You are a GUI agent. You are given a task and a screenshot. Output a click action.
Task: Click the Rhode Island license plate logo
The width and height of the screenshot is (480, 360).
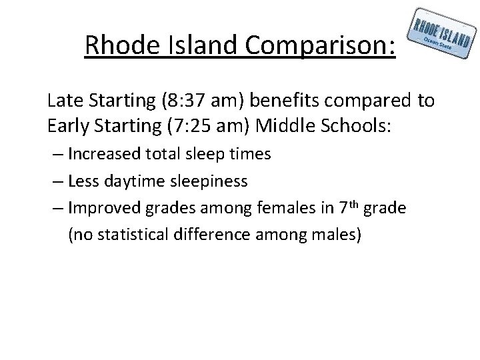tap(443, 36)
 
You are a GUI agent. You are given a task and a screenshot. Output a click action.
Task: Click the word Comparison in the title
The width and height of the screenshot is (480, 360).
tap(321, 46)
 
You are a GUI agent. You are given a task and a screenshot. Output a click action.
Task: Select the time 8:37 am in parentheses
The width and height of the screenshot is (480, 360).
tap(193, 101)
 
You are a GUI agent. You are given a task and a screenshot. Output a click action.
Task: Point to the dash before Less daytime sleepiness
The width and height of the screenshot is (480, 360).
tap(57, 181)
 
